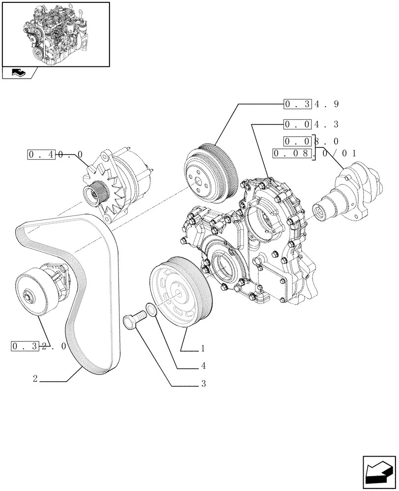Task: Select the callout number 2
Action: pos(35,379)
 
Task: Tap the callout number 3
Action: pos(202,383)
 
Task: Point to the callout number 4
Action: pos(202,366)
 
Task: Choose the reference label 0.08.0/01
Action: pos(314,153)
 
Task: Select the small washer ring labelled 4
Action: pos(152,311)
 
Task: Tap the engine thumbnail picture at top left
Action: pos(56,34)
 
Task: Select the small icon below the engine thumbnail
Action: pos(17,74)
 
